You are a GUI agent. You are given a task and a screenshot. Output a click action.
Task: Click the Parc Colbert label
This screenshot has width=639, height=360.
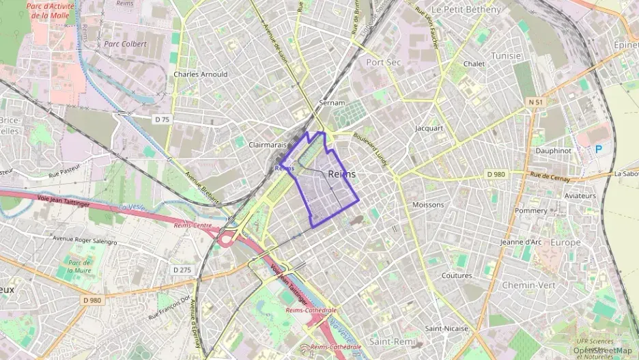[126, 44]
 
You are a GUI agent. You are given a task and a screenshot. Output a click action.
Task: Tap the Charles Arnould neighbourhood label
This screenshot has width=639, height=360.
[201, 74]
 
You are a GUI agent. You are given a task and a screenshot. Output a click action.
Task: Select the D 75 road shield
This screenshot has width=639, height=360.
[162, 119]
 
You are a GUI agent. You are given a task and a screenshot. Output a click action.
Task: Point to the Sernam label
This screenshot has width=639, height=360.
[332, 102]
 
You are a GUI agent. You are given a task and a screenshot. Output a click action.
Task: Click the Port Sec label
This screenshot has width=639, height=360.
[384, 61]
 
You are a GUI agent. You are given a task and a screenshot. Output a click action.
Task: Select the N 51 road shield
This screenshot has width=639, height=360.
[535, 102]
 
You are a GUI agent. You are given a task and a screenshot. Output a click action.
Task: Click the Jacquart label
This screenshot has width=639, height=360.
[429, 128]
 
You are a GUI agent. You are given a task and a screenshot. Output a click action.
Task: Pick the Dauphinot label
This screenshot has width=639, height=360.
[553, 150]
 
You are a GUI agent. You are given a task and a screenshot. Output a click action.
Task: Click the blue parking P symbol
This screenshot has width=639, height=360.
[599, 148]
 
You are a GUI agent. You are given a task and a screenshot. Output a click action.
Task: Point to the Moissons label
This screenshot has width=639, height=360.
[428, 205]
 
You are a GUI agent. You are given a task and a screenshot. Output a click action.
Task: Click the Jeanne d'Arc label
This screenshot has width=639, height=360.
[521, 242]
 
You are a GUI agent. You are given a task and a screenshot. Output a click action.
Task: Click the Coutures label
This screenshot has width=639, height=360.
[457, 276]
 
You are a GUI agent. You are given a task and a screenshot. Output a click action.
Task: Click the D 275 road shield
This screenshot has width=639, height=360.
[182, 270]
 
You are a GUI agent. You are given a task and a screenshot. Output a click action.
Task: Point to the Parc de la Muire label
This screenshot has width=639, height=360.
[80, 266]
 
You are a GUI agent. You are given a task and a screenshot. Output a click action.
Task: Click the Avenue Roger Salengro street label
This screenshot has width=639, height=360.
[85, 240]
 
